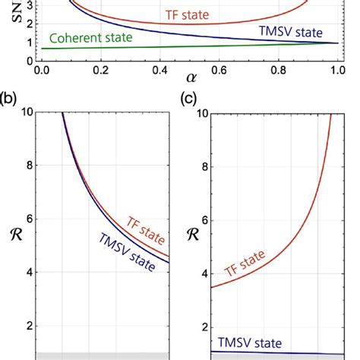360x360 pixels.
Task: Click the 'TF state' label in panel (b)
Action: point(141,226)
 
